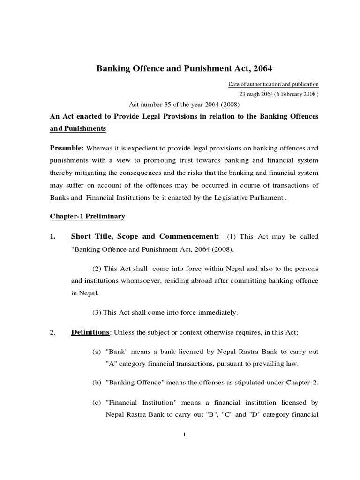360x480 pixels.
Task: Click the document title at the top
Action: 184,68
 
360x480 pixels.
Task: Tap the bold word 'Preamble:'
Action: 67,148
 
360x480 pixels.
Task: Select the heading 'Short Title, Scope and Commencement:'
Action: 147,236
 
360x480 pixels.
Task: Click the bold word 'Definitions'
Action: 90,332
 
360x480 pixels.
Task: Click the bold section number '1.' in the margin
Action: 53,236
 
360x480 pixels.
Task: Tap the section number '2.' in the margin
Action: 53,333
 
